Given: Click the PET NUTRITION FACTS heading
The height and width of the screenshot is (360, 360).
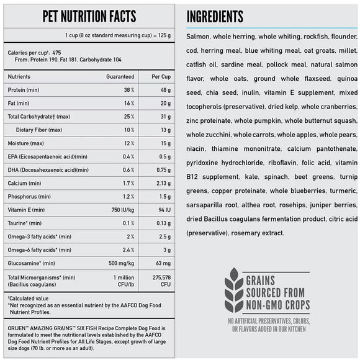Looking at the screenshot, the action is click(x=89, y=16).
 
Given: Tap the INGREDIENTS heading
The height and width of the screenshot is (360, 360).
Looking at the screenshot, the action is click(x=215, y=17).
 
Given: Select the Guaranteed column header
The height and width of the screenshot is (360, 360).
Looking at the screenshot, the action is click(x=120, y=77).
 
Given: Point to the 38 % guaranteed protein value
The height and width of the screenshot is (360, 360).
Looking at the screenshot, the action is click(x=128, y=89).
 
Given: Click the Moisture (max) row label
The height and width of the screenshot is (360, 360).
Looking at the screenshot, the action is click(x=25, y=144).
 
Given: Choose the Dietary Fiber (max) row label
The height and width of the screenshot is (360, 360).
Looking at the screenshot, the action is click(x=40, y=130).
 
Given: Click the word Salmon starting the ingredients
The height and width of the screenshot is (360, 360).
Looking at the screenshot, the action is click(x=199, y=37).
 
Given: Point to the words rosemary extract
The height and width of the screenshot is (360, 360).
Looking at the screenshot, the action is click(x=258, y=233).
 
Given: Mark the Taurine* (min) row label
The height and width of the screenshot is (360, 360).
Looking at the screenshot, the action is click(x=25, y=223).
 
